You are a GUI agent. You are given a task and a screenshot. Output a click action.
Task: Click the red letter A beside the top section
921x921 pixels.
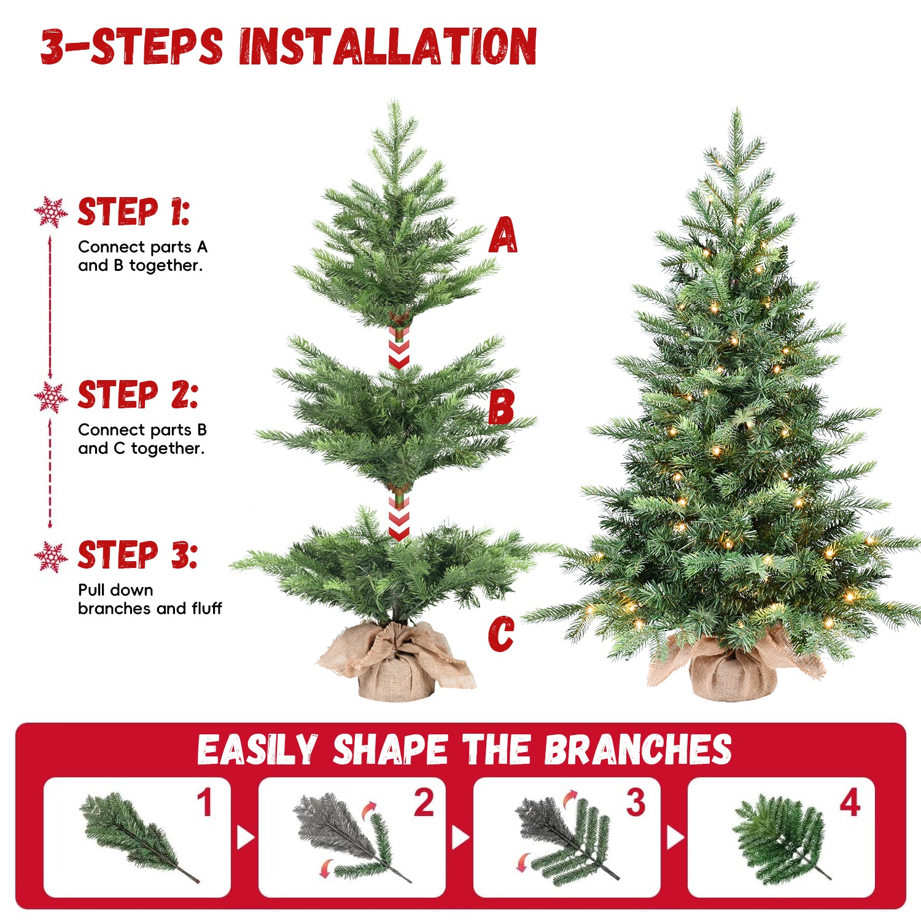[x=503, y=235]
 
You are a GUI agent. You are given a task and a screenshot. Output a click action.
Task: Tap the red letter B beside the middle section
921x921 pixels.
[x=501, y=407]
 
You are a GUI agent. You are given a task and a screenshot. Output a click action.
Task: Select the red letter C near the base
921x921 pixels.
[x=501, y=634]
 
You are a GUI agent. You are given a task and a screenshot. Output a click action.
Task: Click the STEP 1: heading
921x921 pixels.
[x=134, y=212]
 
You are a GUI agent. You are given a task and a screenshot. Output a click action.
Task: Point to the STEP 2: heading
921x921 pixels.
[x=138, y=395]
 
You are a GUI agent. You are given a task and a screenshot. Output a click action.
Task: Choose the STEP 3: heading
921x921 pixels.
[x=138, y=555]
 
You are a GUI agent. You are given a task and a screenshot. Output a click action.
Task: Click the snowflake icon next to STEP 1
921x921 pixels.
[x=51, y=212]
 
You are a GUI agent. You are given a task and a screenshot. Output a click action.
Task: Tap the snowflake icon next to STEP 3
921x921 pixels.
[x=51, y=557]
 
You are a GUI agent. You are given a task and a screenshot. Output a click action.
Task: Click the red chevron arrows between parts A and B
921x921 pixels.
[x=399, y=351]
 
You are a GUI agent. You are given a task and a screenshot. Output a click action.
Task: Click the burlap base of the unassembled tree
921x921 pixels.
[x=396, y=669]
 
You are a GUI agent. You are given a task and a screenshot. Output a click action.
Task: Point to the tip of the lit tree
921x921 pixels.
[x=736, y=114]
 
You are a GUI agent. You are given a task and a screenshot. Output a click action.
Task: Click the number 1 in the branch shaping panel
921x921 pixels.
[x=205, y=803]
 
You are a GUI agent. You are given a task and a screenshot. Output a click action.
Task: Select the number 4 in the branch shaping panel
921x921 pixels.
[x=850, y=803]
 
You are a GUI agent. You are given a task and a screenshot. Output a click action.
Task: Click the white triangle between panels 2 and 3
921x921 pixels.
[x=460, y=837]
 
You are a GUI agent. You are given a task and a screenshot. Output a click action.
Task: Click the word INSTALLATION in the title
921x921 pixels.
[x=388, y=47]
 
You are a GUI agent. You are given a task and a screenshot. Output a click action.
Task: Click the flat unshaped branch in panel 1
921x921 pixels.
[x=135, y=835]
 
